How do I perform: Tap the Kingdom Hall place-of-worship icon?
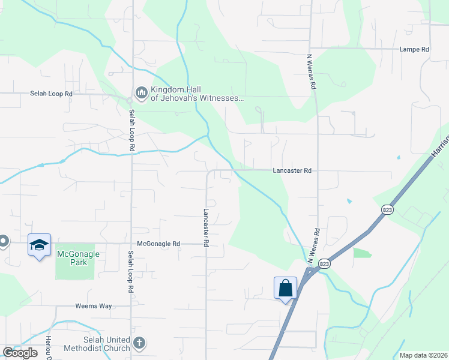(142, 92)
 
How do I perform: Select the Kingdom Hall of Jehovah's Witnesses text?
(197, 94)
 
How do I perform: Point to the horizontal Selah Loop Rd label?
(52, 94)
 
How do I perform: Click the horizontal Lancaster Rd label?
(292, 170)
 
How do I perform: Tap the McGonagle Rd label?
(158, 244)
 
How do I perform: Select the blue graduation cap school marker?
(39, 245)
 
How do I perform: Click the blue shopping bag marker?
(286, 287)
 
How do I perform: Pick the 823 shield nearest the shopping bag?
(324, 263)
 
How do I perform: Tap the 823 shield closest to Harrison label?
(387, 209)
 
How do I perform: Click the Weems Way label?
(94, 306)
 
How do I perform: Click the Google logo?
(20, 353)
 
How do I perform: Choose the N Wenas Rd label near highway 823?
(313, 246)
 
